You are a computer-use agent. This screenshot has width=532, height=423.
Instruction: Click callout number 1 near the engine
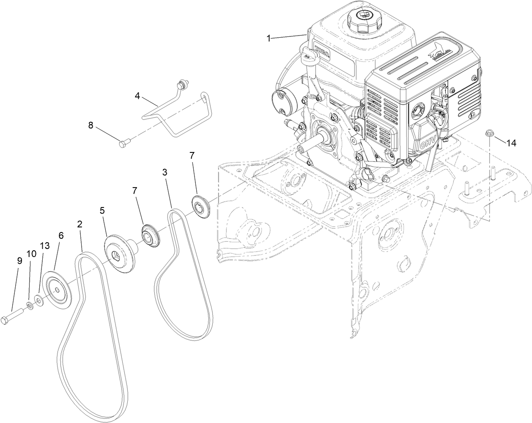pos(269,38)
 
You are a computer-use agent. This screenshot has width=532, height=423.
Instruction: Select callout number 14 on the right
pos(511,143)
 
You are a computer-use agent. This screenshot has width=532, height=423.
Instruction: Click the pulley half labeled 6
pos(58,290)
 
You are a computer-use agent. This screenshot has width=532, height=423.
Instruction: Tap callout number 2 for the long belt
pos(80,224)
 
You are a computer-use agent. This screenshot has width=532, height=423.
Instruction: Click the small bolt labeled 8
pos(122,145)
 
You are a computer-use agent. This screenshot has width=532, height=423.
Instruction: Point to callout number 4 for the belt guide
pos(137,96)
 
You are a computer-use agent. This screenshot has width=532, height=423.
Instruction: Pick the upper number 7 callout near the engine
pos(192,156)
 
